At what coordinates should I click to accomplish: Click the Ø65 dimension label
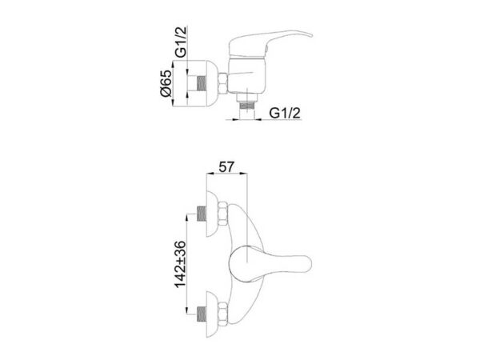click(166, 83)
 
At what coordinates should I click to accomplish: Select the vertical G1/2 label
click(181, 42)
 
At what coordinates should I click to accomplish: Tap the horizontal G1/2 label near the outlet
click(285, 114)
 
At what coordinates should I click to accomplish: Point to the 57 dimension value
click(226, 167)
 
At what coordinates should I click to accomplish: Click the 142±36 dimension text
click(180, 265)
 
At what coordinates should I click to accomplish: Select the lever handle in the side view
click(270, 44)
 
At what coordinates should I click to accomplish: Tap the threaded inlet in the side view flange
click(201, 83)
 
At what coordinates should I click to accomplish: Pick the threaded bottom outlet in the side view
click(246, 106)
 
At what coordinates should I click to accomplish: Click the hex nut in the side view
click(223, 83)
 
